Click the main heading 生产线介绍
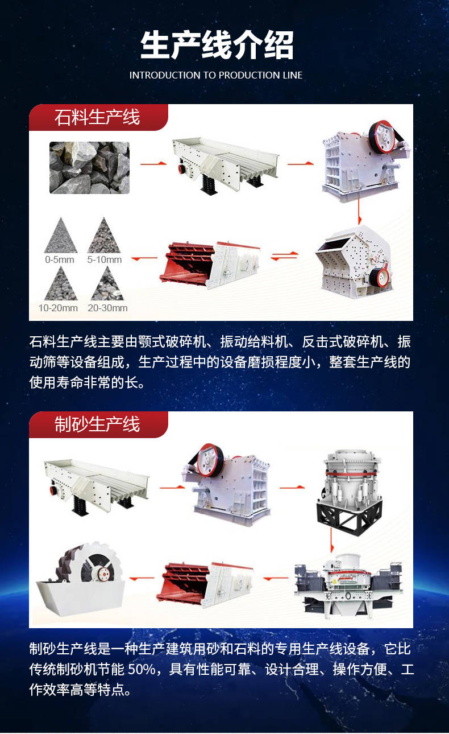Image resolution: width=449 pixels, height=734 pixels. point(217,45)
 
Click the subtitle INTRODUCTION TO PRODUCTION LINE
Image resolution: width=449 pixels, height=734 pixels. point(216,75)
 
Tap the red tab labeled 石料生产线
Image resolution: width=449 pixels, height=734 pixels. point(98,117)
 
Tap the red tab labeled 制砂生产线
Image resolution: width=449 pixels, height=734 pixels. point(98,424)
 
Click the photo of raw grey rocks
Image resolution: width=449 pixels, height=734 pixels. point(89,167)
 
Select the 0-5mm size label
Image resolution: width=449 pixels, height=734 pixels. point(60,259)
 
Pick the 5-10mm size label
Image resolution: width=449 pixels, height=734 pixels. point(105,259)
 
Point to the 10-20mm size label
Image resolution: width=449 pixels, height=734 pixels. point(58,308)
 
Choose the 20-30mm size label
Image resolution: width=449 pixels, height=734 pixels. point(107,308)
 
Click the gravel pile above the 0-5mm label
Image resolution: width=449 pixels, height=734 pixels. point(61,237)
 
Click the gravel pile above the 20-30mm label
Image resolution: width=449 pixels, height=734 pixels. point(107,285)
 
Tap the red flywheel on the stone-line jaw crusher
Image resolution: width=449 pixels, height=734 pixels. point(381,137)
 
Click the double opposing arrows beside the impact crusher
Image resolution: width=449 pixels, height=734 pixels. point(284,256)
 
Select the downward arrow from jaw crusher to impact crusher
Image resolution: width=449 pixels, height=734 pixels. point(359,211)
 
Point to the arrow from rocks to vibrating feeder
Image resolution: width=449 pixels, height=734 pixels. point(153,163)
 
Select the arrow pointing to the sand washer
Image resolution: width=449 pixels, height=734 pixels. point(142,578)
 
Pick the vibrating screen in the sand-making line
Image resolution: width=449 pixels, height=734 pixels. point(205,585)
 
